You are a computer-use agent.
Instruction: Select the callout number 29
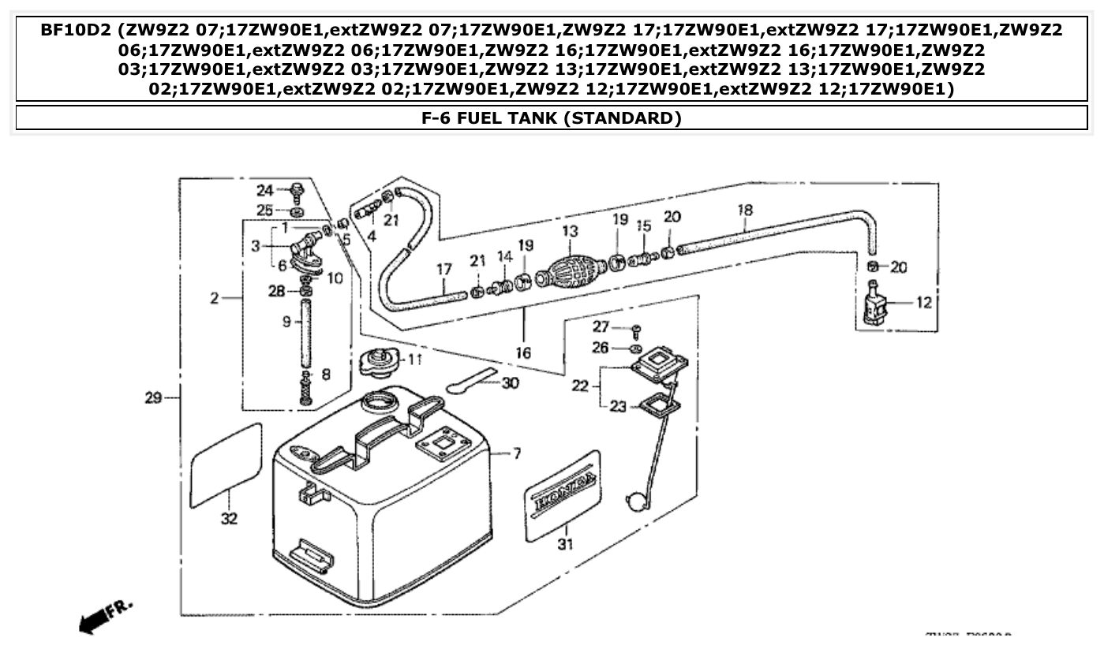[154, 398]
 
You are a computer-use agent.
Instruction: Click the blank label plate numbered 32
[226, 465]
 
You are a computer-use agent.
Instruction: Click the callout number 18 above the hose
[745, 211]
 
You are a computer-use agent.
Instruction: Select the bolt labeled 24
[298, 190]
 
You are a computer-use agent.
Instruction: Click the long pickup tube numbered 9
[306, 330]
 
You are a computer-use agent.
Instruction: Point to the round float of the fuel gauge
[636, 501]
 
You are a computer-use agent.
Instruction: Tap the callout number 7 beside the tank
[517, 454]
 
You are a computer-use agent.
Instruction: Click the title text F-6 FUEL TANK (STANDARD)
[552, 118]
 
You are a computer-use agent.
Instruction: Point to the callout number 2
[213, 299]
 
